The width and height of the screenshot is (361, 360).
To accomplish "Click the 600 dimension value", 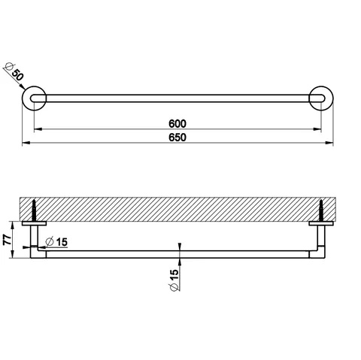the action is click(177, 123).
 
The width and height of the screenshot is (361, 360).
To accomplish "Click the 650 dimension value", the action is click(177, 138).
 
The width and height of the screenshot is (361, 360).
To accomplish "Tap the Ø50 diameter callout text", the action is click(14, 71).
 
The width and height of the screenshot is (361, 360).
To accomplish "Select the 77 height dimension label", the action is click(8, 240).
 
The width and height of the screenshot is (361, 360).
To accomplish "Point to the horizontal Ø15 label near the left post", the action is click(56, 242).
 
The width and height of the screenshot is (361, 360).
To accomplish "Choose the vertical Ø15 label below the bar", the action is click(174, 280).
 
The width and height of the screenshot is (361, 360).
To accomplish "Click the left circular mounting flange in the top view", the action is click(34, 98).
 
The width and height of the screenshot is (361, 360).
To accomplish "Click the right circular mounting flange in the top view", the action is click(321, 98).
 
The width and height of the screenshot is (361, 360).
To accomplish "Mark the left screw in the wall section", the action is click(34, 210).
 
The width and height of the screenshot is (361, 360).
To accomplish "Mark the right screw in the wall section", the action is click(321, 210).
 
